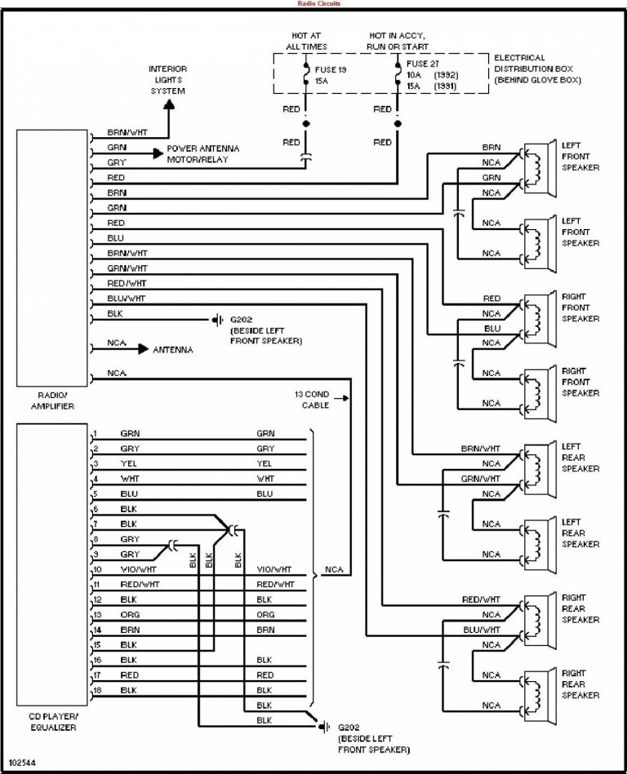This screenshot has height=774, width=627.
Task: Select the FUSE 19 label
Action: (x=331, y=71)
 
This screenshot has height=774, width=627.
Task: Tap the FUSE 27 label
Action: (x=423, y=63)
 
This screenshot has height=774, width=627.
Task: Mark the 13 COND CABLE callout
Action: (x=312, y=399)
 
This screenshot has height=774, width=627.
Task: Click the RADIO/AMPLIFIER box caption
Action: (x=49, y=399)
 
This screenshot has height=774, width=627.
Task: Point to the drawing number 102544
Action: (x=22, y=763)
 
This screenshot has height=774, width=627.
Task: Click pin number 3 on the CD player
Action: (x=96, y=464)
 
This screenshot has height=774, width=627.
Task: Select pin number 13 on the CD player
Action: (x=97, y=614)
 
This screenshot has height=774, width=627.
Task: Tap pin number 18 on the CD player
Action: (x=97, y=690)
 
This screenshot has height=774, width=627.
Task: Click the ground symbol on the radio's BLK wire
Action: (x=219, y=319)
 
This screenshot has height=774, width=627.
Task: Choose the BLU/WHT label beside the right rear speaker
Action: (x=481, y=630)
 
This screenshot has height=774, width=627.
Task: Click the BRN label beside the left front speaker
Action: (x=491, y=148)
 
